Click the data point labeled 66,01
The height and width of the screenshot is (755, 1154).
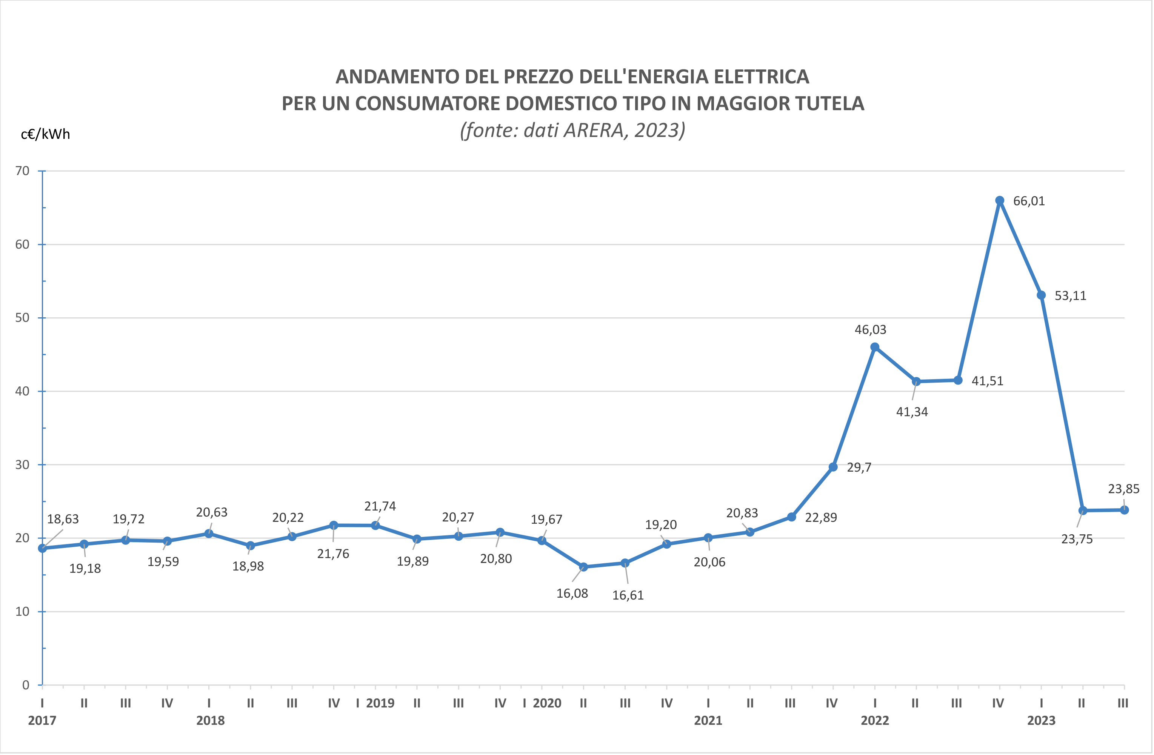pos(1000,201)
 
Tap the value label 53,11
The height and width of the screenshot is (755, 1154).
pos(1070,296)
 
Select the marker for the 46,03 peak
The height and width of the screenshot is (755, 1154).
pos(875,347)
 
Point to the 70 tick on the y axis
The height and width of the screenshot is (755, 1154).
pos(22,171)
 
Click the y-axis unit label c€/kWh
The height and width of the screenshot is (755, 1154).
pos(45,134)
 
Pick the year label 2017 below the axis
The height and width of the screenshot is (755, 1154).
pos(42,721)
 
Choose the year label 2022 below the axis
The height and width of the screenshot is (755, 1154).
pos(875,721)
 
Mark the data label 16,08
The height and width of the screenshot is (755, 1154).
pos(572,594)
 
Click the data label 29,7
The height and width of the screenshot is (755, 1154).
pos(859,467)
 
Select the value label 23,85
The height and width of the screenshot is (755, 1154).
pos(1123,489)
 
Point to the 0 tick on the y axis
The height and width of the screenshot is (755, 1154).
pos(26,685)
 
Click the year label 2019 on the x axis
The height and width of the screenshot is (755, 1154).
pos(380,703)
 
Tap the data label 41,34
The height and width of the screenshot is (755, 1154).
pos(912,412)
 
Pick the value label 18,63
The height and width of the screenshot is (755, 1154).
pos(63,519)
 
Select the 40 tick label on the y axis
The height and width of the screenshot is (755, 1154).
pos(22,391)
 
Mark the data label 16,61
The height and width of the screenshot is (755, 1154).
pos(628,595)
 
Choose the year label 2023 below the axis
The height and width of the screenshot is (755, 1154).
pos(1041,721)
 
